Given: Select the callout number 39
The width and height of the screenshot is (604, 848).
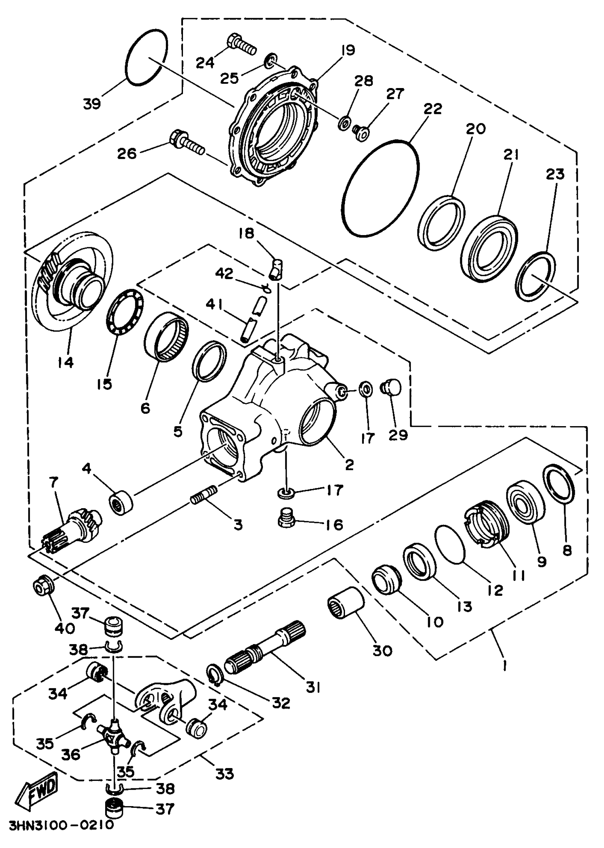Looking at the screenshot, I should click(92, 104).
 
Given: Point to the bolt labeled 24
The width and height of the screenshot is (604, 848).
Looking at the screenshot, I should click(241, 45).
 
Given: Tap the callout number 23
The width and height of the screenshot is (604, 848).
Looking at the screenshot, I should click(555, 174).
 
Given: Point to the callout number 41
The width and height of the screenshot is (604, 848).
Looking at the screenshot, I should click(215, 305).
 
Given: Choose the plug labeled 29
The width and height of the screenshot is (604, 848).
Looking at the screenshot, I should click(392, 388).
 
